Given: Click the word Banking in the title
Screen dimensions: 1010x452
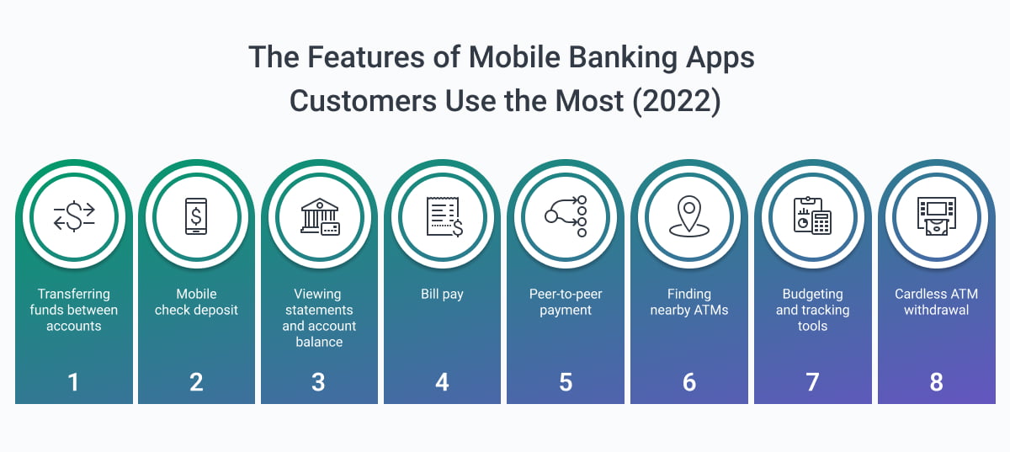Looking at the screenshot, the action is [623, 59].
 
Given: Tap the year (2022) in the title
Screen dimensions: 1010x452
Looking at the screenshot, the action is [677, 102].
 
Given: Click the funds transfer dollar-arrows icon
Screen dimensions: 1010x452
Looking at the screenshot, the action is [74, 216].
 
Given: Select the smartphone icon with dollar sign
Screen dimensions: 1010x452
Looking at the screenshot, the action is [196, 216].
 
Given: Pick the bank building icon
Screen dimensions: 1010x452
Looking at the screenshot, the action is [320, 216].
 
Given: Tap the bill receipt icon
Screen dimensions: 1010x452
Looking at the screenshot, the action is [444, 217].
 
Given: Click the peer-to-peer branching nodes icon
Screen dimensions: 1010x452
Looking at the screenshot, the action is [566, 216].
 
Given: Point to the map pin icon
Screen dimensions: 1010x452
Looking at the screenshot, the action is [689, 216].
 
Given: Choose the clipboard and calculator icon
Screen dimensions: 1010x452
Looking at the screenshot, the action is [812, 215].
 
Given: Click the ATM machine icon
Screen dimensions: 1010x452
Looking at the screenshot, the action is [937, 216].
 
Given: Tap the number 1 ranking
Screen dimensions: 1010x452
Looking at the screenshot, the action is [73, 382].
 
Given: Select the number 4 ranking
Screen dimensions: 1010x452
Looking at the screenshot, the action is [442, 382].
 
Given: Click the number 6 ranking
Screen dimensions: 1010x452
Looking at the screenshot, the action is [689, 382].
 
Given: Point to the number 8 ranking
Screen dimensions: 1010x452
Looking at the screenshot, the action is [936, 382].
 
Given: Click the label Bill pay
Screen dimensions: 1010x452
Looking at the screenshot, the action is [442, 295].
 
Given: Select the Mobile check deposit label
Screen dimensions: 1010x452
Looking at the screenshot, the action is [196, 302].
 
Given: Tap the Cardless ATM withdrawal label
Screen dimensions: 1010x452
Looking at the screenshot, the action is [937, 302].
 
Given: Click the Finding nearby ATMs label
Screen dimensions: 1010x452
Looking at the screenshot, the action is [689, 302].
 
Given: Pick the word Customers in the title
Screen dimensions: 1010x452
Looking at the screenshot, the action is [363, 102].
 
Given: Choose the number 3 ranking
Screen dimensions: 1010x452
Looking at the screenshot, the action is [318, 382].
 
